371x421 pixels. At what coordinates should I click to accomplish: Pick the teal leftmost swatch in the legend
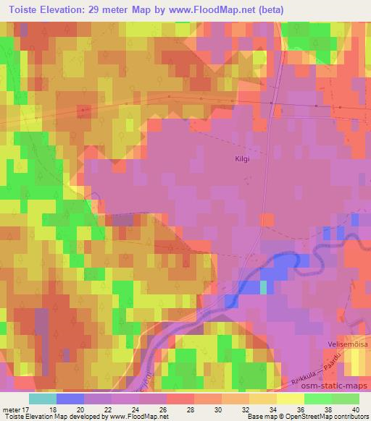click(42, 399)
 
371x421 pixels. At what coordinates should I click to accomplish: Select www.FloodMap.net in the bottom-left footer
click(136, 417)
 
